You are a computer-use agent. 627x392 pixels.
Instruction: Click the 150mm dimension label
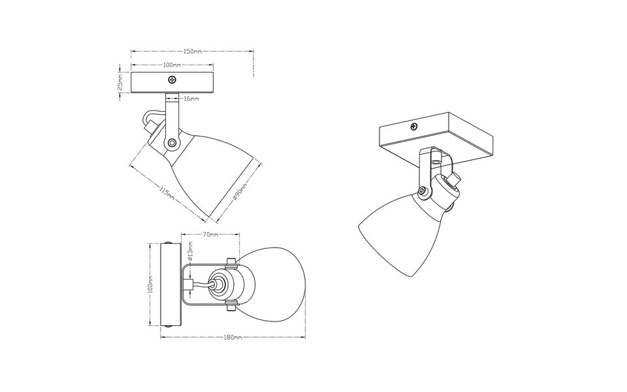[192, 51]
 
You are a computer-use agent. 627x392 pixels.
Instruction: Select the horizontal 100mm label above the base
[172, 65]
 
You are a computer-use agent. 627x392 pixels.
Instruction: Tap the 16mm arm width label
[191, 98]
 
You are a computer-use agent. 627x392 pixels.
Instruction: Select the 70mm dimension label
[210, 233]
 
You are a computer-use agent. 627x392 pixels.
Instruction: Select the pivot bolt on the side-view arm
[171, 142]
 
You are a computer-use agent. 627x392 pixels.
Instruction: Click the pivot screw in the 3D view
[424, 190]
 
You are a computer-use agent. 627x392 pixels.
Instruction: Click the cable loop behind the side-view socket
[150, 120]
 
